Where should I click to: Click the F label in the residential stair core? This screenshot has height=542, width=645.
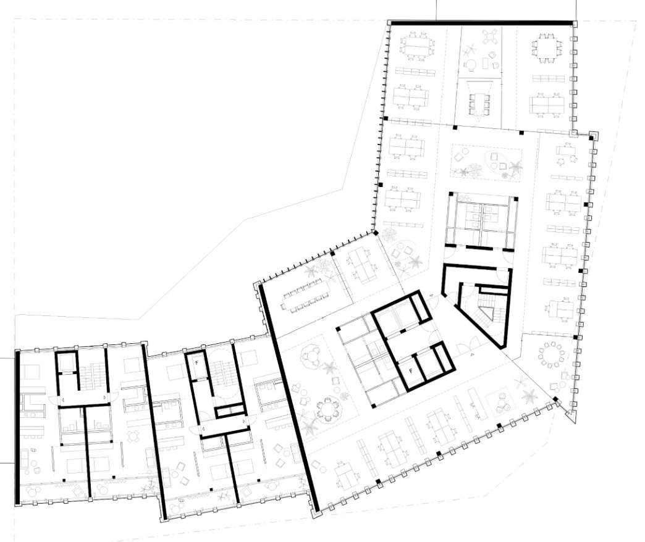click(196, 363)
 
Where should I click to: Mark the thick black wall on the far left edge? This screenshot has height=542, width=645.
click(17, 427)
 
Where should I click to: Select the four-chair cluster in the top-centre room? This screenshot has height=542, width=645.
click(489, 37)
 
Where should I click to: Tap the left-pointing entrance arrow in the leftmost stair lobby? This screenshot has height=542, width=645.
click(63, 398)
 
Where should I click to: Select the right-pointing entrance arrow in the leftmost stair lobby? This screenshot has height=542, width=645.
click(105, 398)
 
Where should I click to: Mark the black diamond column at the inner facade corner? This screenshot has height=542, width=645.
click(375, 233)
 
